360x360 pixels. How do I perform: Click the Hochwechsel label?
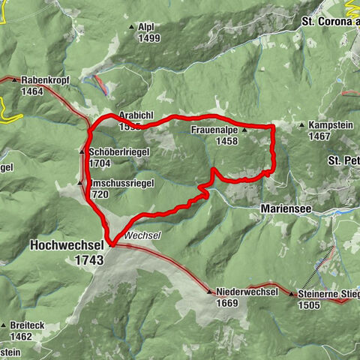coord(67,245)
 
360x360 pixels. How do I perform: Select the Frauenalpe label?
coord(215,130)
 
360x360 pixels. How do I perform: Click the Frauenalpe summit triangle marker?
coord(244,130)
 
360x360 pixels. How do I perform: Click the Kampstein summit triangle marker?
coord(301,125)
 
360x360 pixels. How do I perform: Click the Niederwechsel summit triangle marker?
coord(210,292)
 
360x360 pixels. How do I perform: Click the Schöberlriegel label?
coord(118,151)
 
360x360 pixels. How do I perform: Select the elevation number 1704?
coord(100,163)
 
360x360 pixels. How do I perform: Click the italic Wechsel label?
coord(142,235)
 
